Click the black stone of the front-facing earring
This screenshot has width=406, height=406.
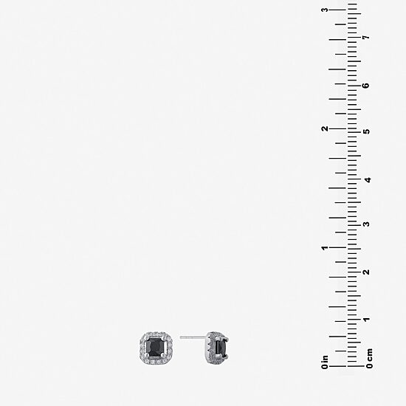[x=155, y=347]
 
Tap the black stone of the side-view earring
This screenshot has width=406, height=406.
[x=221, y=348]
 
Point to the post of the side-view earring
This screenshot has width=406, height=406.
[x=193, y=337]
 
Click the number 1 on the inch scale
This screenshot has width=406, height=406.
[x=325, y=248]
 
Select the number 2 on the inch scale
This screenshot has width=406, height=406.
[x=325, y=128]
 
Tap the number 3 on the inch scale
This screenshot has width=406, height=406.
[x=325, y=10]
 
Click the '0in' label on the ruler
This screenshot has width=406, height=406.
[x=325, y=362]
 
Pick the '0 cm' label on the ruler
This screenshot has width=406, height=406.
[x=370, y=358]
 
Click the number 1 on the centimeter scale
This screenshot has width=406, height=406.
[x=366, y=319]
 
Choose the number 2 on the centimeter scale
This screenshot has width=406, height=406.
[x=366, y=272]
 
